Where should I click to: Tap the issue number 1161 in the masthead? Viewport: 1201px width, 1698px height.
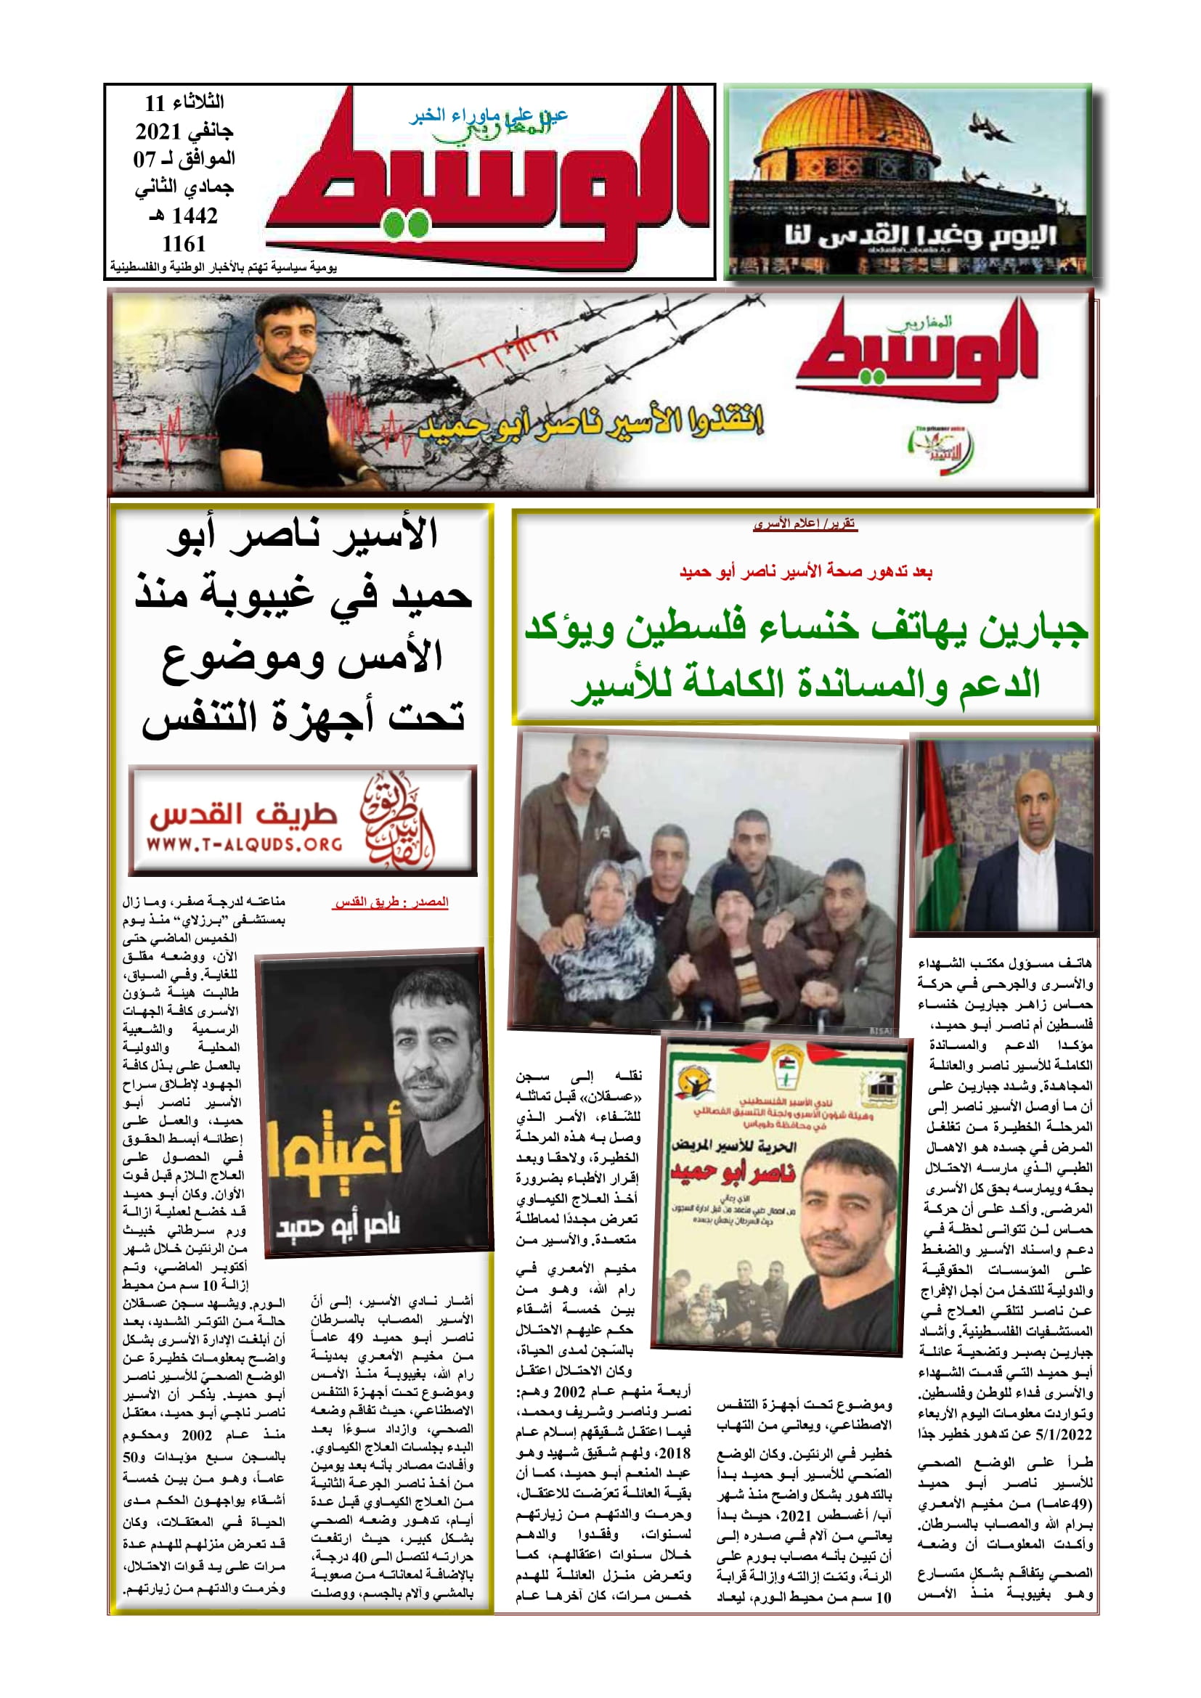(x=184, y=243)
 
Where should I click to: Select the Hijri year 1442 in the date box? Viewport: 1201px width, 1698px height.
(x=194, y=216)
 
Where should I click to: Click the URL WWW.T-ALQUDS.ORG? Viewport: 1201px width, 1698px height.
(x=244, y=844)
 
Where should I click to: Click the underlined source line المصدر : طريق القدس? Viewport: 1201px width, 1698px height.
(x=391, y=902)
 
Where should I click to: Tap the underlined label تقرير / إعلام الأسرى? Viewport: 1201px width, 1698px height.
(x=805, y=524)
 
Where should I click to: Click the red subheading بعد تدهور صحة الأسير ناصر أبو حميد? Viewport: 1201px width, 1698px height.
(x=805, y=571)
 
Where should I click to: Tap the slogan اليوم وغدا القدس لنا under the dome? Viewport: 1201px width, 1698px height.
(x=921, y=236)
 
